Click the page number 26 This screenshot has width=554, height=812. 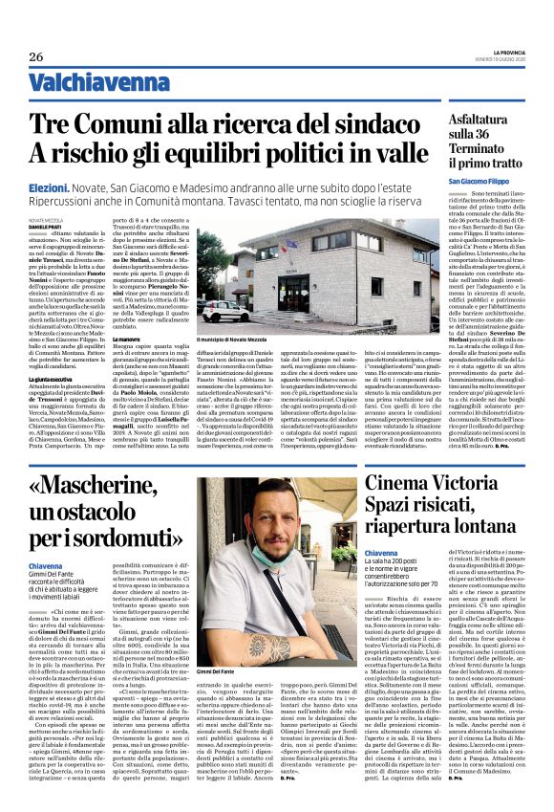[35, 57]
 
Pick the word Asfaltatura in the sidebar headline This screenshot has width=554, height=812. [476, 119]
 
